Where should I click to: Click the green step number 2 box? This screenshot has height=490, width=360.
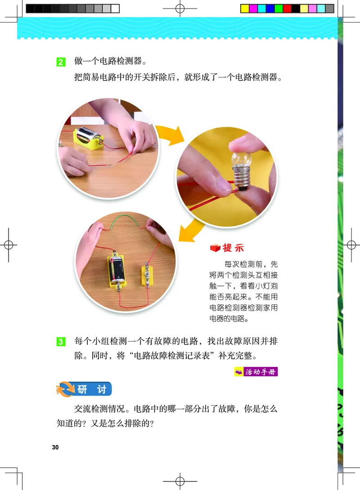pos(61,62)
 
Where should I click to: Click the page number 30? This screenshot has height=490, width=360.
pos(55,447)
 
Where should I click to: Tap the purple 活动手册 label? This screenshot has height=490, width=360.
pos(256,372)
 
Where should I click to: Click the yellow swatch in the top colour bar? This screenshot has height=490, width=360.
pos(245,9)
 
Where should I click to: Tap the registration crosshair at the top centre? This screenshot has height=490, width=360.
pos(180,9)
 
